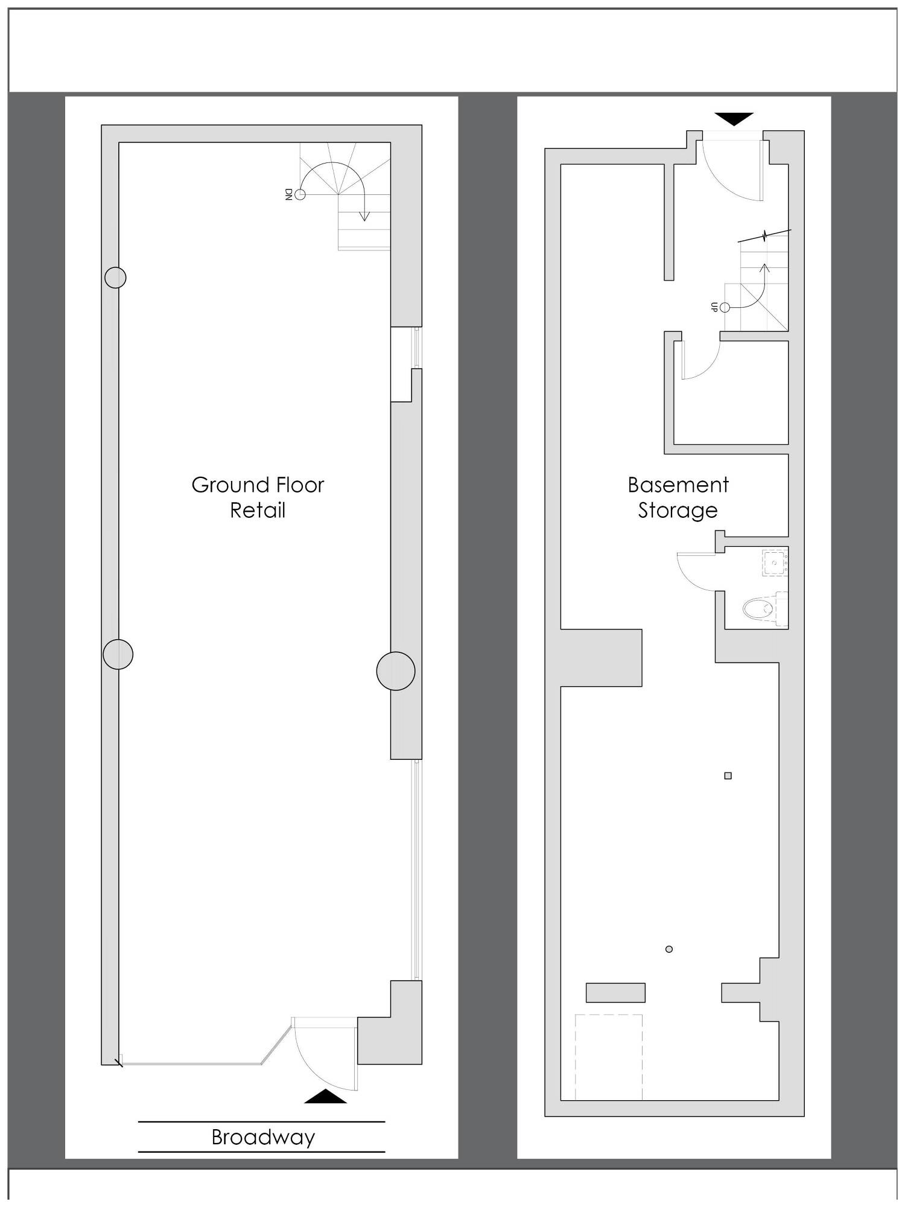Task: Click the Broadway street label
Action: point(263,1137)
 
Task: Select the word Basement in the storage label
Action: point(678,485)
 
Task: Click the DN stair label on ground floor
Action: point(288,194)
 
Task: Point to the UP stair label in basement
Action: point(714,307)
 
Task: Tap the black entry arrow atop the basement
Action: point(734,119)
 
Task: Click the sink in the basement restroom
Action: point(775,562)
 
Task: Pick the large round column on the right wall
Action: point(396,670)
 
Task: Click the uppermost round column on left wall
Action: point(115,278)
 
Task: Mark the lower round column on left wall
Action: point(118,654)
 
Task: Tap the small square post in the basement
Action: point(728,775)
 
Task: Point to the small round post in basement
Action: point(668,949)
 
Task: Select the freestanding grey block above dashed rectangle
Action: point(615,992)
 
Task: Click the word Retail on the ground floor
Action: point(258,511)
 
